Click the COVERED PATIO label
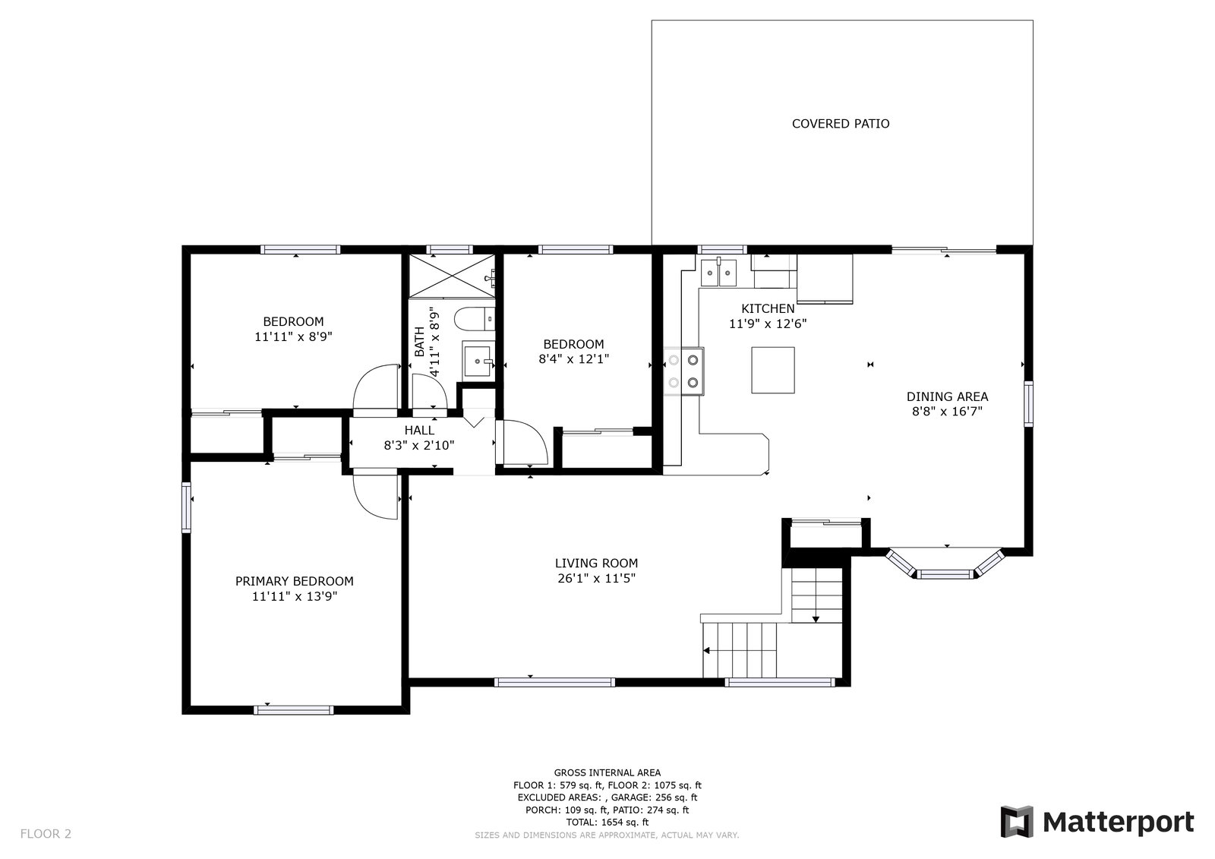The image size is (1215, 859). [841, 124]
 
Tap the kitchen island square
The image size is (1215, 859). [773, 370]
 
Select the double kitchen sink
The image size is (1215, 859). [718, 271]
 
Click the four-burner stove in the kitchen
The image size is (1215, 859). [683, 371]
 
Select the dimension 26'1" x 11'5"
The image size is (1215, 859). [596, 579]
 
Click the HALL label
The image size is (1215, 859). [419, 431]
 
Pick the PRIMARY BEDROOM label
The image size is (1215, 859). [294, 581]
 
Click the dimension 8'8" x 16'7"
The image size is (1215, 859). [947, 412]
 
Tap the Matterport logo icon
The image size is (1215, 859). [1017, 822]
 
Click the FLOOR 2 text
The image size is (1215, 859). [46, 834]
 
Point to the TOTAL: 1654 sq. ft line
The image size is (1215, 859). [607, 822]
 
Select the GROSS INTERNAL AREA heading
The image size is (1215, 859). [607, 772]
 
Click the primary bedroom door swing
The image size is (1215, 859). [377, 497]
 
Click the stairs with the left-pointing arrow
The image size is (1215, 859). [741, 650]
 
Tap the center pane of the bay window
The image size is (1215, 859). [946, 574]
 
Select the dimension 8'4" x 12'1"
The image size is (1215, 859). [573, 359]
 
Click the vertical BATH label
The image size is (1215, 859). [420, 342]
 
